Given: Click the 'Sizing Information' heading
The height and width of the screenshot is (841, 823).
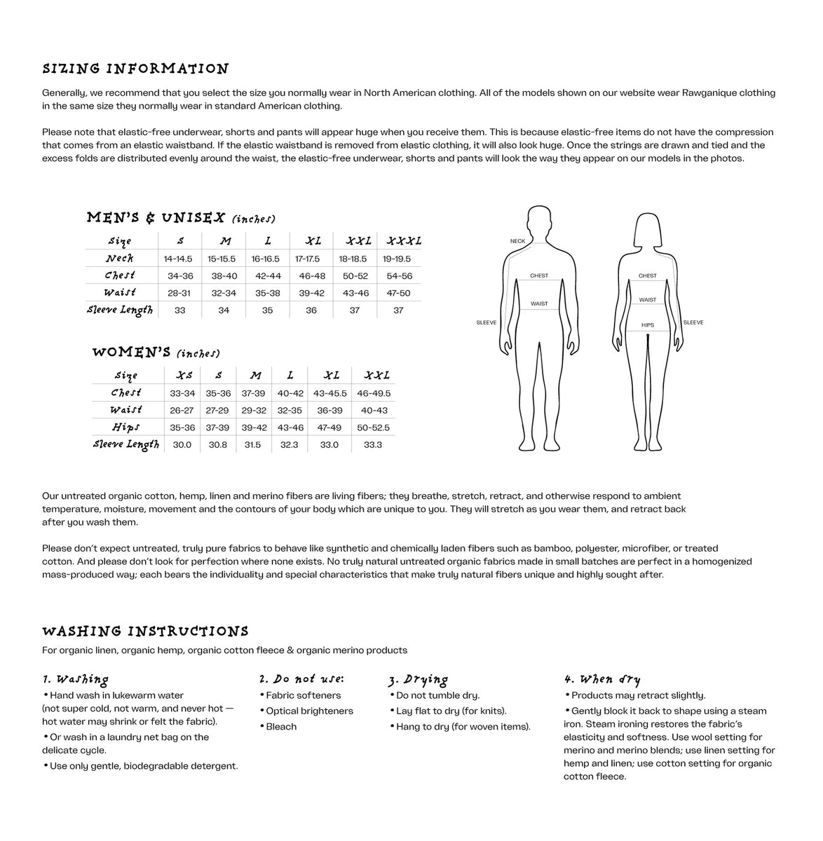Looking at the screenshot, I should [x=135, y=69].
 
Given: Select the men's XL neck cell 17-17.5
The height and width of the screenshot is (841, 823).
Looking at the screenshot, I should [x=311, y=259].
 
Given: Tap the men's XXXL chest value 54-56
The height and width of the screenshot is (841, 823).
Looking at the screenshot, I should [x=399, y=276].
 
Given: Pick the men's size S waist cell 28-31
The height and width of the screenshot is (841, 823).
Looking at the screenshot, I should [x=179, y=293].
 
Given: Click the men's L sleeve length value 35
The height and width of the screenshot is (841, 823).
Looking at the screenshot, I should [x=267, y=310].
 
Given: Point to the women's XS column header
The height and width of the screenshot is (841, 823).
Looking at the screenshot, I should [x=184, y=376].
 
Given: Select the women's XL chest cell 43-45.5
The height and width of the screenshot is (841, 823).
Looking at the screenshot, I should [x=329, y=393].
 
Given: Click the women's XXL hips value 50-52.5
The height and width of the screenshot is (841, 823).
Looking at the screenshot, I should [x=373, y=428].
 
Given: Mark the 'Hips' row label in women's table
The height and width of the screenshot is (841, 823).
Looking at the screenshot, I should [x=125, y=427].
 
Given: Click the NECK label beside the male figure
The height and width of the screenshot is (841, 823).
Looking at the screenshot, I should [x=517, y=241].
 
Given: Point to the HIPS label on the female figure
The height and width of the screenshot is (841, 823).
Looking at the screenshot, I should [x=647, y=325].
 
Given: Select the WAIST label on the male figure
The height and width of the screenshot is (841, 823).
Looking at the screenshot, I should [x=539, y=304].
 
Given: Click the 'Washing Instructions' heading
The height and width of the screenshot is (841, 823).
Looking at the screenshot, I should [x=145, y=631].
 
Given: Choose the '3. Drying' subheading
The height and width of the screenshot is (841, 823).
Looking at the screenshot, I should [x=418, y=679].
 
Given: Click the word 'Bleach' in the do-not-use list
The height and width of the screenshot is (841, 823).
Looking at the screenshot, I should [x=281, y=727].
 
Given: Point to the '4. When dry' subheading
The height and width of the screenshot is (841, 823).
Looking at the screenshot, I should [x=601, y=679].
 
